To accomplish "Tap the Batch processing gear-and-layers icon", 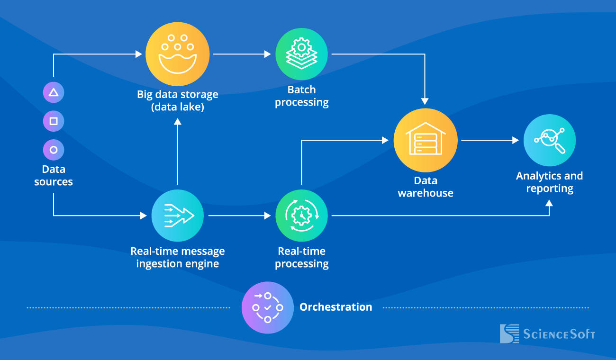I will [301, 54].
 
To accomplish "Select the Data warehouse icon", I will [425, 140].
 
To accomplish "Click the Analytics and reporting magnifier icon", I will [549, 140].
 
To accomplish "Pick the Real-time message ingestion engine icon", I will [177, 216].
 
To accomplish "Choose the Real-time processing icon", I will [301, 216].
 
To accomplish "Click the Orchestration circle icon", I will [267, 307].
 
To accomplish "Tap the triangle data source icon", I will [54, 92].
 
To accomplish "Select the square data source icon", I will [54, 121].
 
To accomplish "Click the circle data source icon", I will [54, 150].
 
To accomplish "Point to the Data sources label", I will [54, 176].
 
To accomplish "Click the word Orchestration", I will [335, 307].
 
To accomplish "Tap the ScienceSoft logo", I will [547, 333].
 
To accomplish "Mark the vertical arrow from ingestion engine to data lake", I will [177, 152].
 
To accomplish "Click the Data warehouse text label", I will [425, 187].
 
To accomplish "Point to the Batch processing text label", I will [301, 96].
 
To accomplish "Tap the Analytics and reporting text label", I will [549, 182].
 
